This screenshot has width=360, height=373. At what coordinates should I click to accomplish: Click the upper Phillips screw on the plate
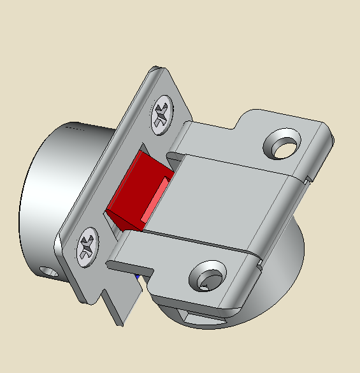point(162,115)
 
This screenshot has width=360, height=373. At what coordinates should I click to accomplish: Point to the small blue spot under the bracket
point(137,277)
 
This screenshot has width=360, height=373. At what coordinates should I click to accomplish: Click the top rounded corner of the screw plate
point(159,70)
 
